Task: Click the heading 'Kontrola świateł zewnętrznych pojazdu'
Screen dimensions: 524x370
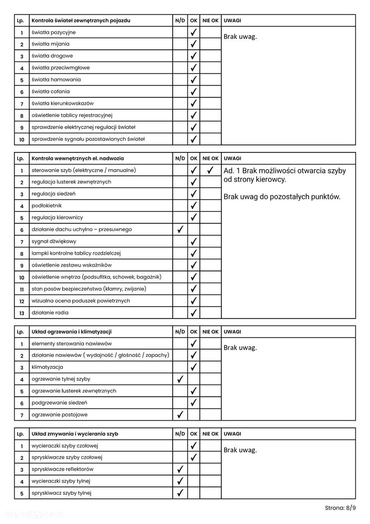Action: point(81,20)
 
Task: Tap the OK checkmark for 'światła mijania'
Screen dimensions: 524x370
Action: point(194,44)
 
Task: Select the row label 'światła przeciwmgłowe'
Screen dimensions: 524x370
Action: point(60,68)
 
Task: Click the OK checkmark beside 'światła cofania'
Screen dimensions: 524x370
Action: point(194,92)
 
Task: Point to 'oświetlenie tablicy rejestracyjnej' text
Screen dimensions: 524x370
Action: point(72,115)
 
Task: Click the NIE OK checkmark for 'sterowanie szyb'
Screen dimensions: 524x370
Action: point(210,170)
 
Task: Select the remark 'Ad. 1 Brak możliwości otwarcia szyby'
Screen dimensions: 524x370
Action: point(284,171)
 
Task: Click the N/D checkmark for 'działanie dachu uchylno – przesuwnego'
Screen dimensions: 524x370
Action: point(180,230)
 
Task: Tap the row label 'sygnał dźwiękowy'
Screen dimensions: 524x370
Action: point(54,242)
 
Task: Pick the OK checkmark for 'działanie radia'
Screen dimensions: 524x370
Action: point(194,313)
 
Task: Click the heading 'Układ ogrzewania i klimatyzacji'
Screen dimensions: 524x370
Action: point(72,332)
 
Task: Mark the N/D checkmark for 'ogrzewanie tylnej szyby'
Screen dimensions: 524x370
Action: point(180,379)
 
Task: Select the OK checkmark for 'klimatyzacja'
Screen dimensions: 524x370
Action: point(194,367)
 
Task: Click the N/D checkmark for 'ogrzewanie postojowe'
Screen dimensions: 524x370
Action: point(180,414)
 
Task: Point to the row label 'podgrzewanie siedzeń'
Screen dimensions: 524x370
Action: point(59,403)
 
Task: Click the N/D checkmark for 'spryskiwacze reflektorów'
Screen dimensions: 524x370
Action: point(180,469)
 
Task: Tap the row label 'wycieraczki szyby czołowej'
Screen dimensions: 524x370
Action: point(65,446)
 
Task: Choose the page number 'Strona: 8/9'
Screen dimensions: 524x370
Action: point(340,508)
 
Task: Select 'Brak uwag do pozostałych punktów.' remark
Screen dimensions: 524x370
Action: point(282,197)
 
